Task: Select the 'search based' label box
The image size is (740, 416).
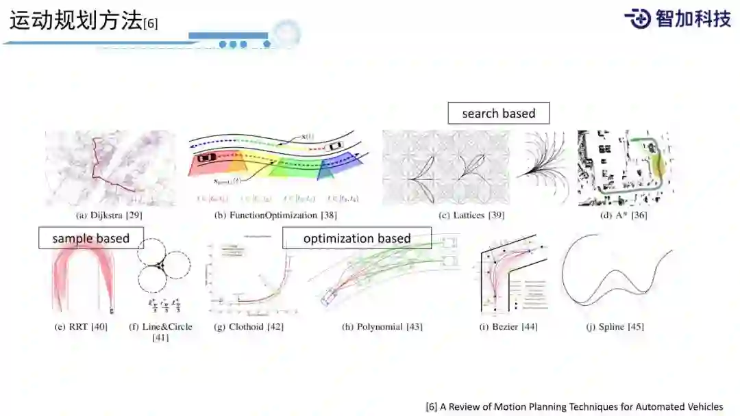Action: tap(498, 114)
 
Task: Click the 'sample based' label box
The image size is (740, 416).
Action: tap(90, 239)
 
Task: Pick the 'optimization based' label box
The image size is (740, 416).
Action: tap(357, 238)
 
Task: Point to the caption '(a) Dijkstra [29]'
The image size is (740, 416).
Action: tap(109, 216)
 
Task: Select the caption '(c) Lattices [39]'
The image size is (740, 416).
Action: tap(471, 216)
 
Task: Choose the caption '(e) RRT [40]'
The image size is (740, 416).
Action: tap(81, 327)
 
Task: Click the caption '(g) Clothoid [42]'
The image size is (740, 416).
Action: tap(249, 327)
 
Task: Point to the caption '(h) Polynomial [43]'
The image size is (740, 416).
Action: tap(382, 327)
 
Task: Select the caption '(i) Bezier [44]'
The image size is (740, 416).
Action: tap(508, 327)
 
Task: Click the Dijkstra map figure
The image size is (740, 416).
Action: tap(110, 168)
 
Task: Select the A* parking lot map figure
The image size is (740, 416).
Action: tap(622, 168)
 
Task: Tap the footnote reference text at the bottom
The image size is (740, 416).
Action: tap(574, 406)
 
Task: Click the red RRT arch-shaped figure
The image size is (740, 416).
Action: tap(83, 278)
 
